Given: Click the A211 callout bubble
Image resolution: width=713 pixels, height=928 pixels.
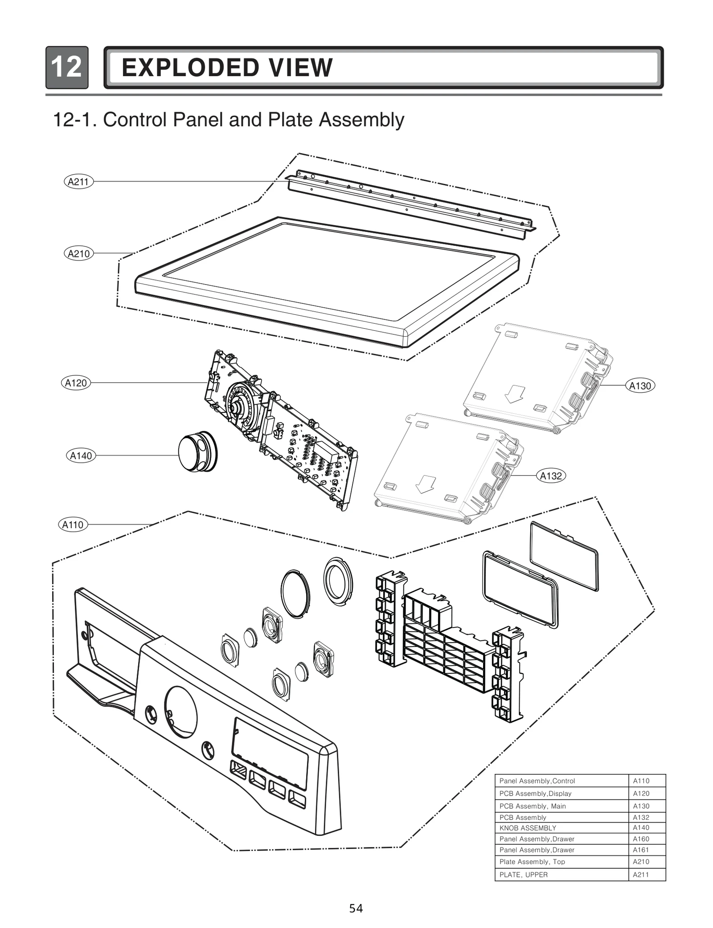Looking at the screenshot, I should [x=78, y=182].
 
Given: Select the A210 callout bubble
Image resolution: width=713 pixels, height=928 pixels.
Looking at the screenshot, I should [x=78, y=254].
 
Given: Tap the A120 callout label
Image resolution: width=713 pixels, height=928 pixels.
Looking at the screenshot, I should [x=76, y=383].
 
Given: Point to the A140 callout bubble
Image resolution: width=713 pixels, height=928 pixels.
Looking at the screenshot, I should [x=81, y=456].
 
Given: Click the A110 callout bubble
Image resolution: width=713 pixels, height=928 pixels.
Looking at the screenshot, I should [x=73, y=525].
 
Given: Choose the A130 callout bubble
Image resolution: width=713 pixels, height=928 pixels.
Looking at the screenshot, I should [x=640, y=386].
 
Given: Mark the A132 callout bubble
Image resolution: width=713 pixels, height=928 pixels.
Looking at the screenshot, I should [x=551, y=476].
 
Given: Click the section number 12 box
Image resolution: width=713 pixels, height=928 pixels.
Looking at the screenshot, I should [x=66, y=68].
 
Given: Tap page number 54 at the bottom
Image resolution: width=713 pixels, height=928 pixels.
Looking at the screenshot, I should [x=356, y=908].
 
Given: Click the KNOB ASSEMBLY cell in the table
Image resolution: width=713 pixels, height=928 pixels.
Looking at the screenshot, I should [x=528, y=828].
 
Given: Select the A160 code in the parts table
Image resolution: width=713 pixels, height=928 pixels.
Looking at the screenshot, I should [x=641, y=839].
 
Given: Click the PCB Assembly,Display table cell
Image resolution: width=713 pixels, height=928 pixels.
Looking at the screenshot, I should [x=535, y=794].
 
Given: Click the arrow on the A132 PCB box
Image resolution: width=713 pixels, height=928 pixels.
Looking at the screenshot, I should [x=425, y=484].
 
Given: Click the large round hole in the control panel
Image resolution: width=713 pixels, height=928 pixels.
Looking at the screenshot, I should [x=180, y=711].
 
